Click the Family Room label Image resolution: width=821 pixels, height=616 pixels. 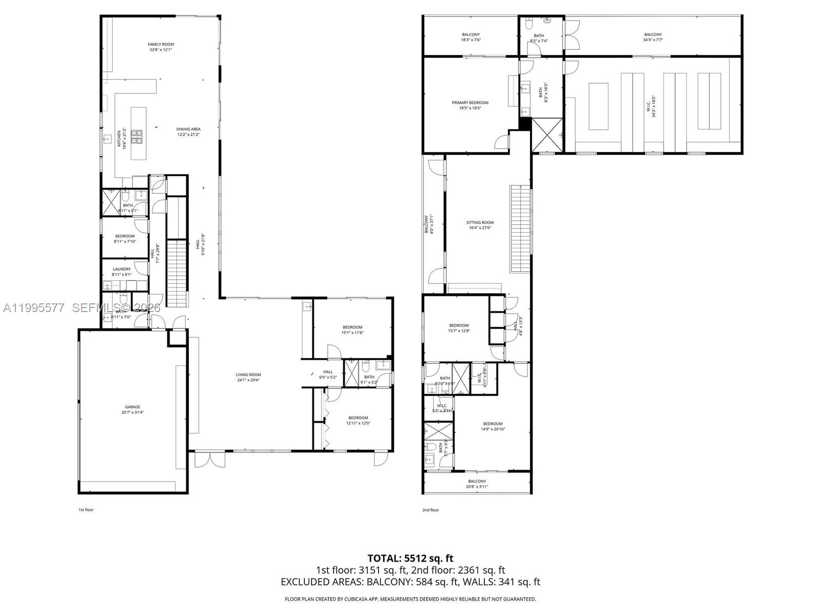click(x=161, y=45)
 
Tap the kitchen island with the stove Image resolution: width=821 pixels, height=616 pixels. click(x=138, y=133)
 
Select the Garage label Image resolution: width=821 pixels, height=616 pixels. click(x=132, y=407)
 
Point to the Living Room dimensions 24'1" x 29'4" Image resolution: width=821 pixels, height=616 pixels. click(x=249, y=380)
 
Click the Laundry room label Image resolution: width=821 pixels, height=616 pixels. click(x=122, y=269)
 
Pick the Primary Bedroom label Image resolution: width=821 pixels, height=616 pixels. click(x=470, y=103)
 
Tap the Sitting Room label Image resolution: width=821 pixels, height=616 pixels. click(x=480, y=223)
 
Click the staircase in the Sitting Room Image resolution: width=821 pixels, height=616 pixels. click(x=519, y=229)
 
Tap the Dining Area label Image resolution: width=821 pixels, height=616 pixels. click(x=188, y=129)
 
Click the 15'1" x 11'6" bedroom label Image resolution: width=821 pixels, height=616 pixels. click(x=353, y=328)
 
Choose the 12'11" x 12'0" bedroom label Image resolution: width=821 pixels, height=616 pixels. click(x=358, y=418)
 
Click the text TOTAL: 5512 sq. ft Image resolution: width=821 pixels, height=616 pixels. click(x=411, y=558)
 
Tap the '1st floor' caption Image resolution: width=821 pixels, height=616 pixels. click(x=86, y=510)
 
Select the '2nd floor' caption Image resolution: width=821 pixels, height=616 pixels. click(x=431, y=510)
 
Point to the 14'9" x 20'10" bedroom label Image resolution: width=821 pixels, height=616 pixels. click(x=493, y=424)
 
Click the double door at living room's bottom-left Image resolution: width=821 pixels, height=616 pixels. click(x=209, y=458)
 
